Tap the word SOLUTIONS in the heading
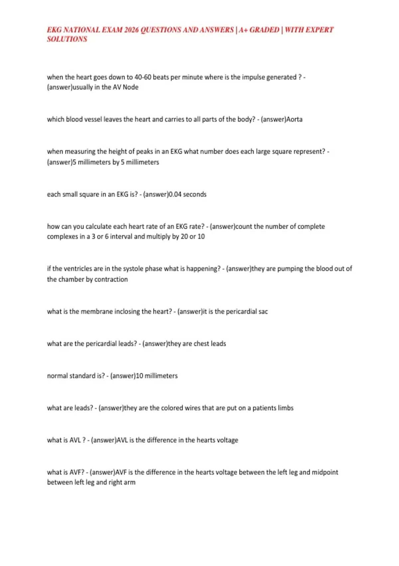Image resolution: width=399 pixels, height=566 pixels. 67,39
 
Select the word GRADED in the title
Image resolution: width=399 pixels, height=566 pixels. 264,30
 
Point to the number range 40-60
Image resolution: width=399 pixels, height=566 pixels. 143,77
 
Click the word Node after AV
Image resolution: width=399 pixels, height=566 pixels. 130,87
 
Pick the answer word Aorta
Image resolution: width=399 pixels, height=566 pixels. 294,120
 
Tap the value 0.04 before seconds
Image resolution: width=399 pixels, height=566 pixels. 175,194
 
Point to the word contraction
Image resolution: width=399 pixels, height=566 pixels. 111,279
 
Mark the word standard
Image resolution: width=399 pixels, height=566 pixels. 79,376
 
